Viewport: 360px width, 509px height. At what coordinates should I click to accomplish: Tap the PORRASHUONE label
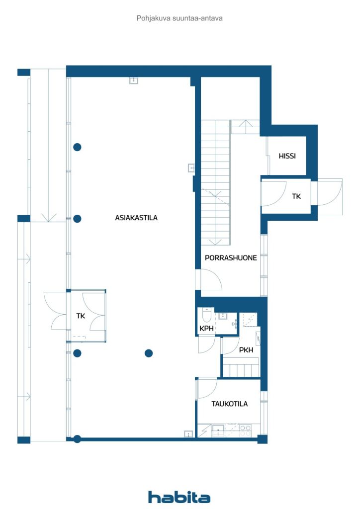231,258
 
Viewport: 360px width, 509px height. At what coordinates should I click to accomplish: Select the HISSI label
287,156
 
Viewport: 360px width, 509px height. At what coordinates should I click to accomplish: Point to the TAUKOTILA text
229,404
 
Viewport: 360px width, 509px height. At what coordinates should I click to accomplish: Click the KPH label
207,329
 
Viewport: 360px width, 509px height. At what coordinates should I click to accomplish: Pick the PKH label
246,350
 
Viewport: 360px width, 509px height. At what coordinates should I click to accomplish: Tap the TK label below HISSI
296,196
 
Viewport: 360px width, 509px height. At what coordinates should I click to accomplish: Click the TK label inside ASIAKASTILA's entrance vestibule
81,316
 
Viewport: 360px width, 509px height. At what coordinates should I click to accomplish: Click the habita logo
179,497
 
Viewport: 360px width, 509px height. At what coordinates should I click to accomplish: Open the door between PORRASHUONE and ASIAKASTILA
211,279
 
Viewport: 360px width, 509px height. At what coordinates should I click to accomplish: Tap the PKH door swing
230,346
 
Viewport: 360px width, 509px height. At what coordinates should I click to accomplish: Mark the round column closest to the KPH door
148,353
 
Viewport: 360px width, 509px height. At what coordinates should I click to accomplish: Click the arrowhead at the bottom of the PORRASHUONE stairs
216,242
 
